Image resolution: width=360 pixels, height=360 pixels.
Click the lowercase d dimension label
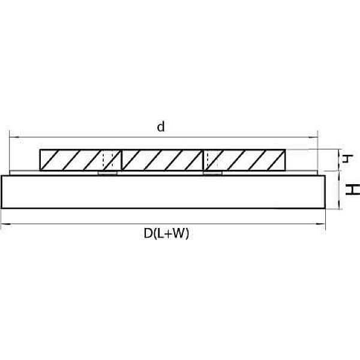[161, 127]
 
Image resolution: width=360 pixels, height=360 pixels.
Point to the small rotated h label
[347, 158]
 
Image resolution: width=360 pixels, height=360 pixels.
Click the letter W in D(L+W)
[178, 233]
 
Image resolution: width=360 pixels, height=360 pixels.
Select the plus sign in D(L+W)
[167, 234]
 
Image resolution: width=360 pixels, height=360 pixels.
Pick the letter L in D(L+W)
[160, 233]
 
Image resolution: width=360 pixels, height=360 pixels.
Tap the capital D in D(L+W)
[148, 233]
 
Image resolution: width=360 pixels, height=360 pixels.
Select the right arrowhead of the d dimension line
[312, 137]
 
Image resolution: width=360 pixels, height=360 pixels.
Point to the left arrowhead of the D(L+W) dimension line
[7, 224]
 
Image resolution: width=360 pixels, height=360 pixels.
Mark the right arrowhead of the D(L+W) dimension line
[320, 224]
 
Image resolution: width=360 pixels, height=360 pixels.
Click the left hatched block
[80, 160]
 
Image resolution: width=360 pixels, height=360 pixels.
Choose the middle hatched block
[163, 160]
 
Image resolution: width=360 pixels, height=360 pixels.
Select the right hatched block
[245, 160]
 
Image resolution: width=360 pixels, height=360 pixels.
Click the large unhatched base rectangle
[163, 192]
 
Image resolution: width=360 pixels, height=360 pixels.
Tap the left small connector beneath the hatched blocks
[107, 173]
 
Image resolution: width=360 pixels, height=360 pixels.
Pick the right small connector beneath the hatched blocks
[213, 173]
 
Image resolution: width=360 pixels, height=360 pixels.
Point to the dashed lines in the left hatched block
[107, 160]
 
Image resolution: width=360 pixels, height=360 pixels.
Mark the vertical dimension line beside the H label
[339, 190]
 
